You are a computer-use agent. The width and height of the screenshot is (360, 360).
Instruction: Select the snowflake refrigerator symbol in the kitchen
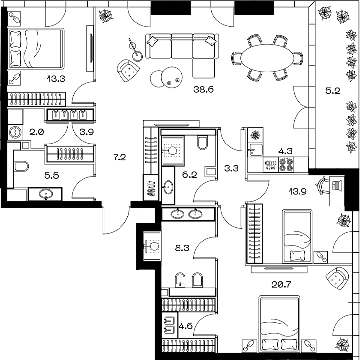coord(256,135)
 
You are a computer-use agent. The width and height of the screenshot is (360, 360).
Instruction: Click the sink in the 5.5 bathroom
coord(45,193)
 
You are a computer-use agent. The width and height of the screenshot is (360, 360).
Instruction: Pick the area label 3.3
coord(231,168)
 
